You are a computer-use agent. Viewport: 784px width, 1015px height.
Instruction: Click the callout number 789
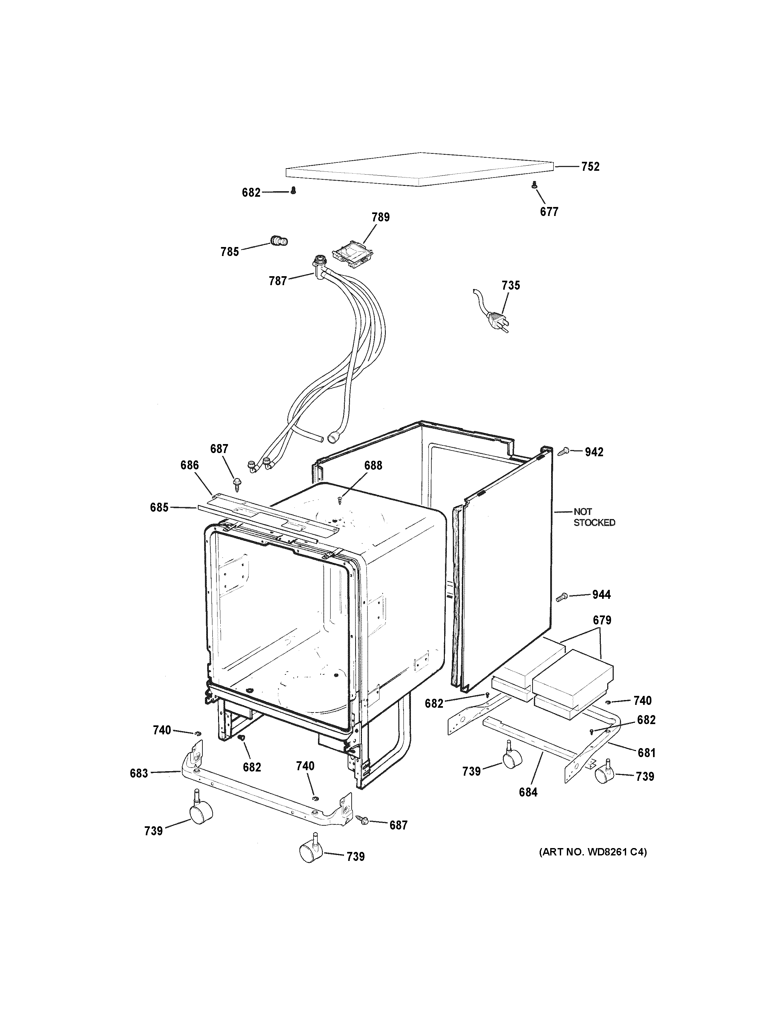click(x=380, y=217)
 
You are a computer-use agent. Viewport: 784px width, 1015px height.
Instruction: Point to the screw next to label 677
click(x=534, y=185)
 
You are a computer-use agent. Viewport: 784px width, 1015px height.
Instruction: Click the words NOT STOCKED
click(x=593, y=517)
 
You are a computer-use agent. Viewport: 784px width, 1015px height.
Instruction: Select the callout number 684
click(x=528, y=792)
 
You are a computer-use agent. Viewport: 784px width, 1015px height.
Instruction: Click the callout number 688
click(x=373, y=465)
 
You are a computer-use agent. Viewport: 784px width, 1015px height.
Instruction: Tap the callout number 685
click(x=159, y=507)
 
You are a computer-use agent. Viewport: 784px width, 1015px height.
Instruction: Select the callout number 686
click(x=190, y=465)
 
